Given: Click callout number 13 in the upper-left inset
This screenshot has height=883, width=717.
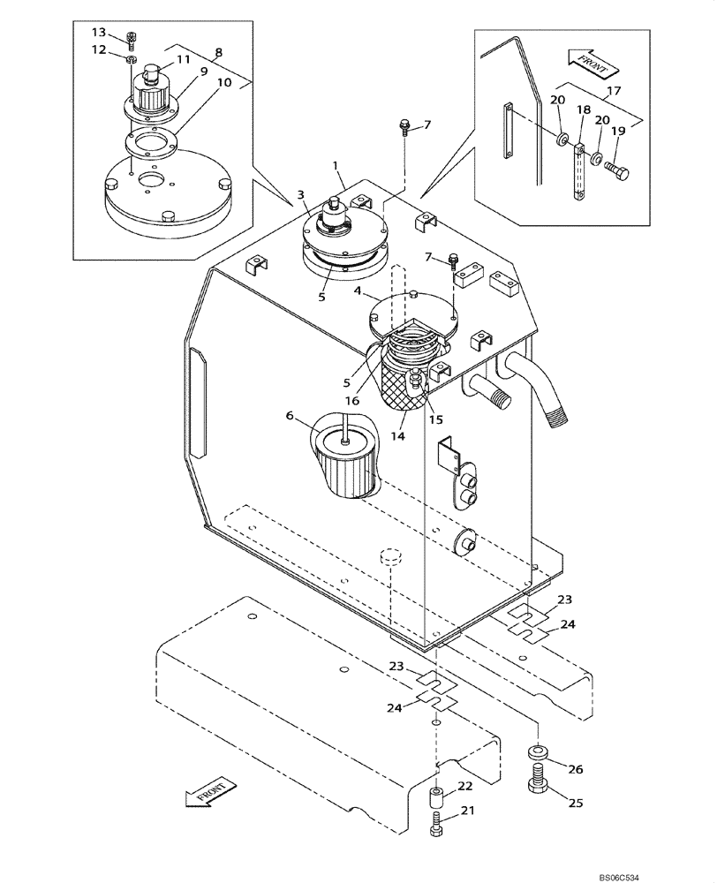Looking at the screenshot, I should pyautogui.click(x=98, y=33).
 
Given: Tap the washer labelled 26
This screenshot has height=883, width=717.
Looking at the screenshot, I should pyautogui.click(x=536, y=752).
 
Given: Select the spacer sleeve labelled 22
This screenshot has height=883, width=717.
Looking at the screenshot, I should pyautogui.click(x=437, y=799).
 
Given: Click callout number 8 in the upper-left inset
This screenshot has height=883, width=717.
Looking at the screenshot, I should pyautogui.click(x=218, y=53).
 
